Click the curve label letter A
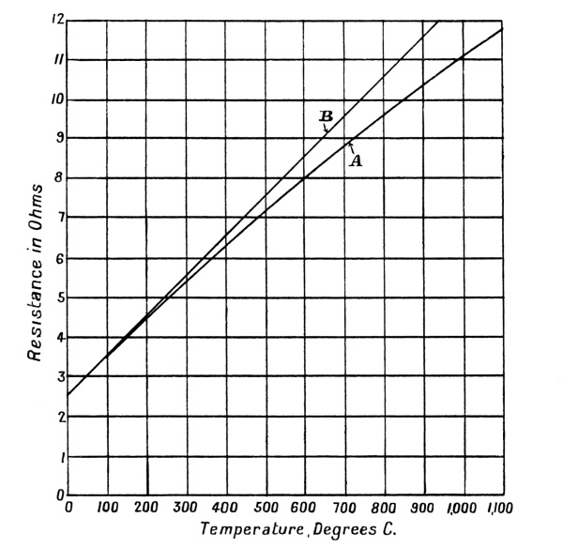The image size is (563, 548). coord(356,160)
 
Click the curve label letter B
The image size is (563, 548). coord(326,116)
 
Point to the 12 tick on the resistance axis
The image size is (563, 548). coord(58,20)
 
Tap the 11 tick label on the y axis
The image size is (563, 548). coord(59,59)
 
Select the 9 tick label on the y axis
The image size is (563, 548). coord(59,139)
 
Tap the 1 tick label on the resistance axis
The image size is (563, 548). coord(60,457)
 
